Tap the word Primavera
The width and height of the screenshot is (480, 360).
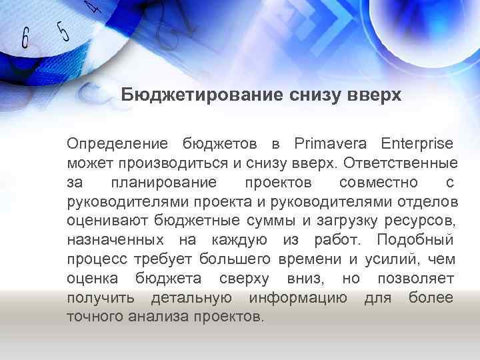[327, 143]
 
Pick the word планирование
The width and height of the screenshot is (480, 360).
[164, 182]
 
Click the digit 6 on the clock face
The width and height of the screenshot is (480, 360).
[25, 38]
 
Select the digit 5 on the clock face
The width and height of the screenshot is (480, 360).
[63, 31]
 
